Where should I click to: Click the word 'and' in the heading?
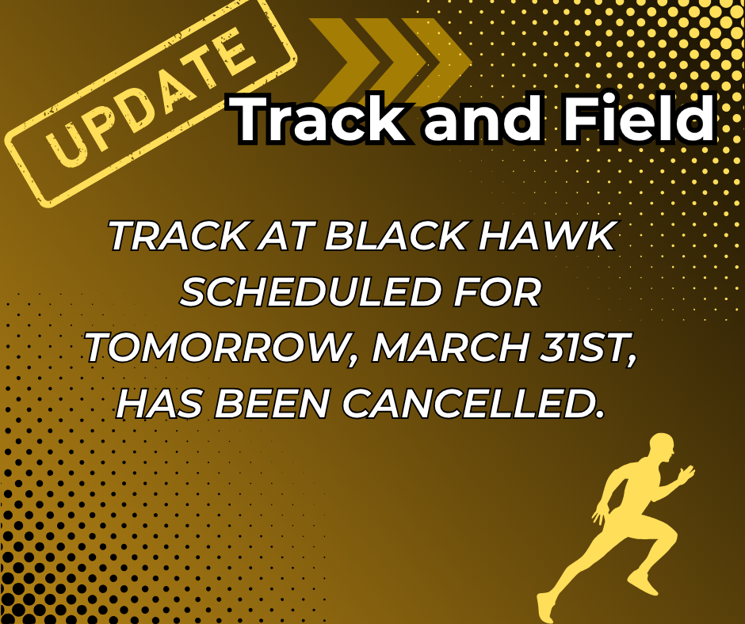tap(473, 120)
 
